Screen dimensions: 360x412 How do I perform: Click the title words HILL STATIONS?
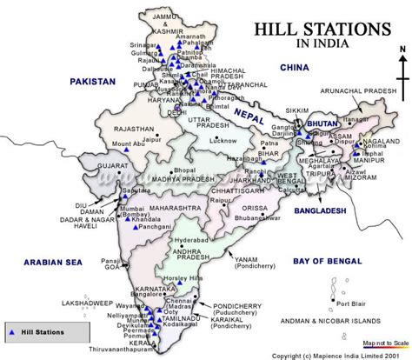pyautogui.click(x=321, y=30)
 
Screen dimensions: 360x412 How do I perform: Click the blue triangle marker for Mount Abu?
pyautogui.click(x=127, y=150)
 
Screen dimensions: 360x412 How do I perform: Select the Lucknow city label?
pyautogui.click(x=223, y=140)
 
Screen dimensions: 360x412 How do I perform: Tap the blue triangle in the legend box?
pyautogui.click(x=11, y=332)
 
